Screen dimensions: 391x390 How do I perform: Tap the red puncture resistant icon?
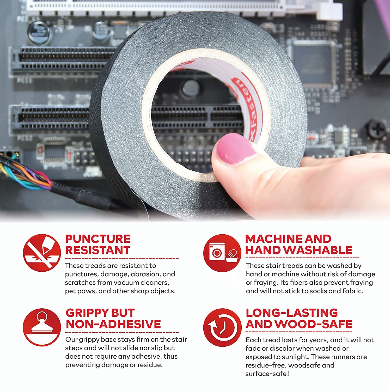42,253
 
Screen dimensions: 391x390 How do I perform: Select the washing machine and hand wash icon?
222,253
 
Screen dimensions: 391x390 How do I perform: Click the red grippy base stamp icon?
42,327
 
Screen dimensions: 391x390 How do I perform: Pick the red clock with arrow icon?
222,327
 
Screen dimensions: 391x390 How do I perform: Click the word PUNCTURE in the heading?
98,239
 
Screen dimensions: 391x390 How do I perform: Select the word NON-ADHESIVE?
113,324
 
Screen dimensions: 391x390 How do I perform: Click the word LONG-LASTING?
291,313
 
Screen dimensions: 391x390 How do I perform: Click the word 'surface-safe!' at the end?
267,374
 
